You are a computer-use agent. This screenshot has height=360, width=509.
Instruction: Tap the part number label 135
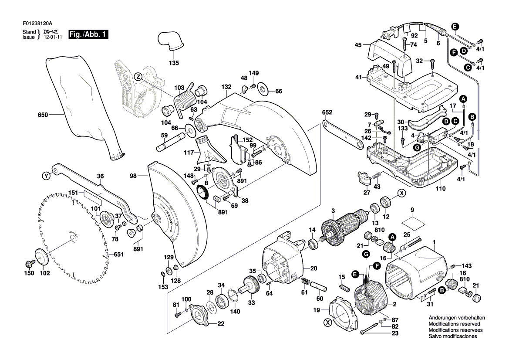(174, 63)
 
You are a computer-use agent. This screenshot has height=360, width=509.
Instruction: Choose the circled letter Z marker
(138, 76)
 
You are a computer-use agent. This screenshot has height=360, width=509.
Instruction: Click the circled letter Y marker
(46, 176)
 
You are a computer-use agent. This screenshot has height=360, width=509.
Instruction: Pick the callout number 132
(226, 87)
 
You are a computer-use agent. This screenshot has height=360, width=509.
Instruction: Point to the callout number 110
(441, 189)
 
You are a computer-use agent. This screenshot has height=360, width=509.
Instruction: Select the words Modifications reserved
(454, 324)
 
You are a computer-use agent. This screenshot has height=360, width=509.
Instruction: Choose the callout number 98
(133, 176)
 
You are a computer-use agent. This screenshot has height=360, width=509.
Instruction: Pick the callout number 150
(28, 273)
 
